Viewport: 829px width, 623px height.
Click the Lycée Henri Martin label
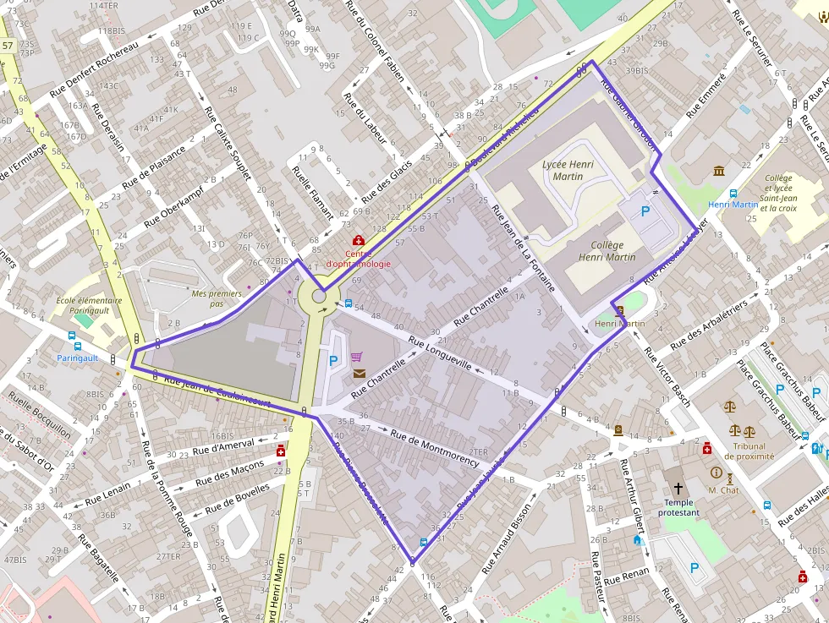pos(568,170)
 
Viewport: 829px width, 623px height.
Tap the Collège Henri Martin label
pos(607,251)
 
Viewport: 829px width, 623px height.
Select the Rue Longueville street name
pos(440,353)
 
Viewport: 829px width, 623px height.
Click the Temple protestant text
pos(678,507)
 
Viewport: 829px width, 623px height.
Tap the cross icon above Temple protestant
pos(678,489)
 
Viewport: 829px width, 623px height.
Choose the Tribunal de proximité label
pos(749,451)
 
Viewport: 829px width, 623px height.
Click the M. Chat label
pos(723,490)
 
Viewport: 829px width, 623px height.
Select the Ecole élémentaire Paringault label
pos(89,306)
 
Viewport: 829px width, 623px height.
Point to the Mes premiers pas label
pos(211,298)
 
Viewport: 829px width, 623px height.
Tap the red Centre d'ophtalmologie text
pos(359,259)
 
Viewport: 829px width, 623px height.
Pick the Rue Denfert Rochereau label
pos(93,68)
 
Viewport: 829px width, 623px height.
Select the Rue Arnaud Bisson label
pos(508,538)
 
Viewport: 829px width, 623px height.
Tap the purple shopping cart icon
pos(356,357)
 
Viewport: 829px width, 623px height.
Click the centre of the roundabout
pos(321,297)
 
